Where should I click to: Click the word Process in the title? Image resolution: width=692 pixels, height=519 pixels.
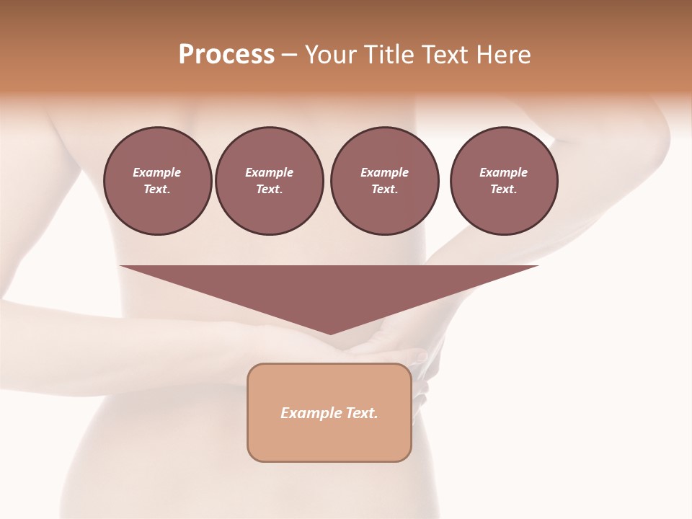point(226,55)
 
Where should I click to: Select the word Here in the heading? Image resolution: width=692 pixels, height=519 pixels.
point(502,55)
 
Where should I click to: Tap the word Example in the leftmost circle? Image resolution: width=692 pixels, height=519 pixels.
point(157,172)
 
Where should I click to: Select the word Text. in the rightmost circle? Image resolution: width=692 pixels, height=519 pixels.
point(504,189)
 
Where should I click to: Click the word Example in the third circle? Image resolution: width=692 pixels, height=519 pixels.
point(384,172)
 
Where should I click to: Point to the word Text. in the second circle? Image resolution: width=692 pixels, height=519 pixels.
point(270,189)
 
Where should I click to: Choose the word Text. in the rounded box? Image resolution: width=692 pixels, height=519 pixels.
point(363,413)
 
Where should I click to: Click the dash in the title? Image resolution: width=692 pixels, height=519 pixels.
point(289,55)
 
